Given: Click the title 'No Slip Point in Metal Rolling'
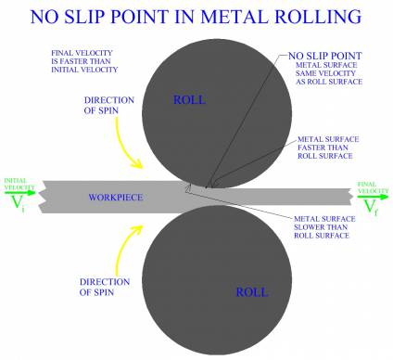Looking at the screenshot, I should [196, 16].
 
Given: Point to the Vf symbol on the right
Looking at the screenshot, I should [371, 205].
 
